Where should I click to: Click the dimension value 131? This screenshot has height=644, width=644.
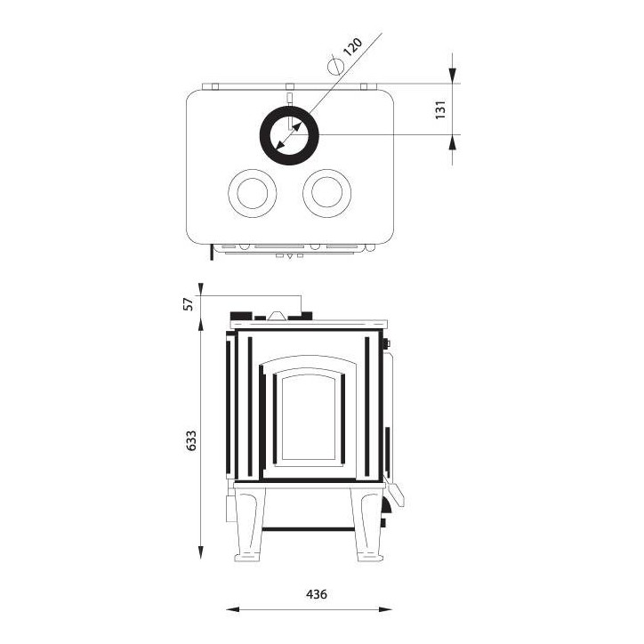coord(439,109)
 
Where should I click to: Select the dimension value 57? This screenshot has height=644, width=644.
coord(188,303)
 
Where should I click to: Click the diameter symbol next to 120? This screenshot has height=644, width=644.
coord(335,66)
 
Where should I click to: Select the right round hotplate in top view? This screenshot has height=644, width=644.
coord(326,191)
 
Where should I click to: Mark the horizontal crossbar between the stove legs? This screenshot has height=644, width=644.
coord(309,528)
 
